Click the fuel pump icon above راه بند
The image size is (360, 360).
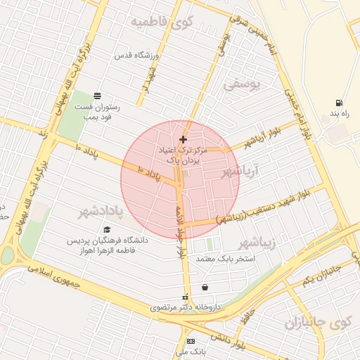[x=340, y=103]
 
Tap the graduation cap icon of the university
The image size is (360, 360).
[x=107, y=230]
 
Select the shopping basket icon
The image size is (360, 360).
[x=205, y=287]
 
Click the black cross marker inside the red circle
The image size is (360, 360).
[x=183, y=139]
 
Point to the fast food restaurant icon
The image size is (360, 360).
[x=97, y=96]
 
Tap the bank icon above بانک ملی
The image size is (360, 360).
[x=191, y=340]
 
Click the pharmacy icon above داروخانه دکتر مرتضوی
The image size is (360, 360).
[x=186, y=297]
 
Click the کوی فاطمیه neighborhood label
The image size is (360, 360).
[x=161, y=22]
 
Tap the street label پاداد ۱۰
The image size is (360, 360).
[x=159, y=173]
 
